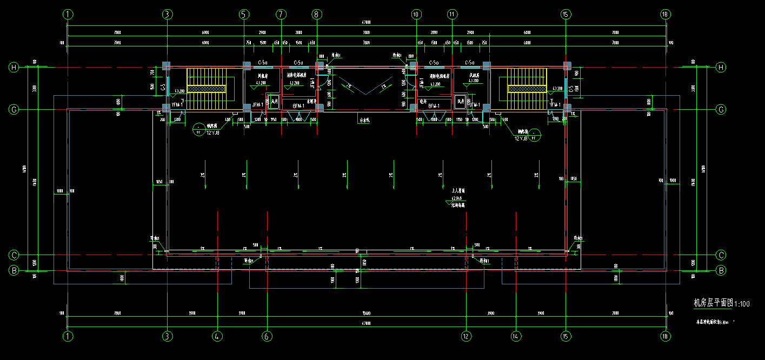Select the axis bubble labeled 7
click(x=280, y=15)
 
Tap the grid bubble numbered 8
click(x=316, y=15)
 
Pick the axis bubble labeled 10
click(x=416, y=15)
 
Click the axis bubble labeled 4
click(x=217, y=336)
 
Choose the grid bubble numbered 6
click(x=267, y=336)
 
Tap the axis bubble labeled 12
click(x=466, y=336)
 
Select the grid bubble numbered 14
click(x=516, y=336)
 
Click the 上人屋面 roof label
click(x=458, y=191)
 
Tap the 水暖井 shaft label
click(x=311, y=101)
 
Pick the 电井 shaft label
click(x=423, y=101)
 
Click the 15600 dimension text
click(x=366, y=314)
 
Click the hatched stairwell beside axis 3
click(x=206, y=84)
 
